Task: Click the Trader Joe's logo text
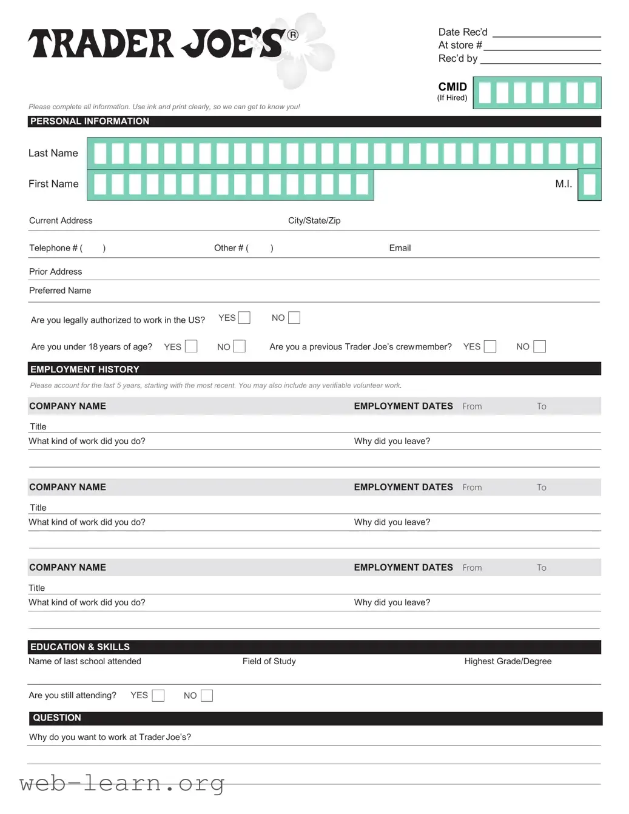pyautogui.click(x=156, y=44)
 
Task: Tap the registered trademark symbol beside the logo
pyautogui.click(x=293, y=35)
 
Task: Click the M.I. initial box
pyautogui.click(x=589, y=184)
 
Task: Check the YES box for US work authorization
pyautogui.click(x=244, y=318)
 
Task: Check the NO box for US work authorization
pyautogui.click(x=294, y=318)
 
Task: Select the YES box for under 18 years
pyautogui.click(x=191, y=346)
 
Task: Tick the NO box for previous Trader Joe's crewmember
pyautogui.click(x=539, y=346)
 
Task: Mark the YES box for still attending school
pyautogui.click(x=158, y=696)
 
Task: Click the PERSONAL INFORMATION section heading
pyautogui.click(x=90, y=121)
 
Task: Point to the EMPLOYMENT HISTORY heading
pyautogui.click(x=85, y=369)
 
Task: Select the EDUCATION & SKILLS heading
pyautogui.click(x=80, y=647)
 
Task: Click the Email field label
pyautogui.click(x=400, y=248)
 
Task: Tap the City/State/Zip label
pyautogui.click(x=314, y=221)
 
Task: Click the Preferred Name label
pyautogui.click(x=60, y=291)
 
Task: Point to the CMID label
pyautogui.click(x=452, y=87)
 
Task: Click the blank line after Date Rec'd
pyautogui.click(x=546, y=33)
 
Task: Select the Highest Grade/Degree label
pyautogui.click(x=508, y=661)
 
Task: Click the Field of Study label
pyautogui.click(x=269, y=661)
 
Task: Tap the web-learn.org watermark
pyautogui.click(x=121, y=783)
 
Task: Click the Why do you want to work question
pyautogui.click(x=110, y=737)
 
